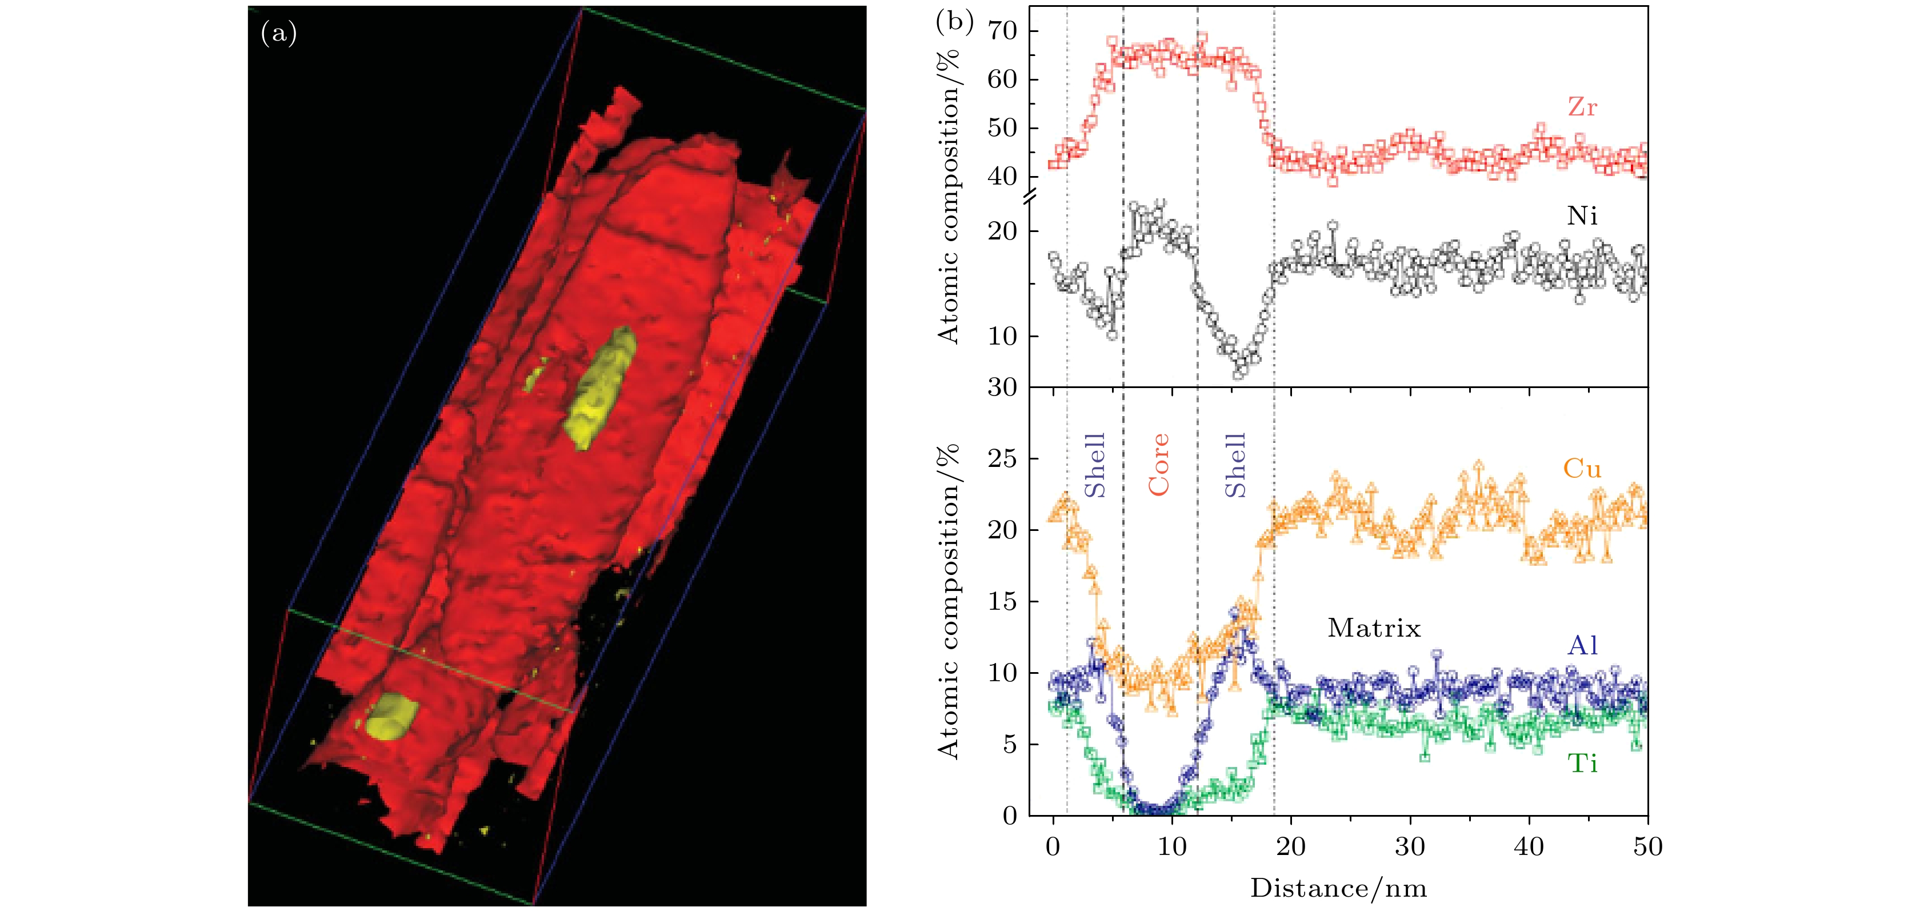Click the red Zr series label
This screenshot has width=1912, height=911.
(x=1582, y=107)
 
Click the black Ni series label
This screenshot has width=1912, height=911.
(x=1582, y=216)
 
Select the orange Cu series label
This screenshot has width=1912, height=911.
(x=1582, y=469)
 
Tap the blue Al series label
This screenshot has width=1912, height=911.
(x=1582, y=645)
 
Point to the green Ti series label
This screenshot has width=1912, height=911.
(x=1582, y=763)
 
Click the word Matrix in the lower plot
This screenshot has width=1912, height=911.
(x=1374, y=628)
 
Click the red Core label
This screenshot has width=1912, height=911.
(x=1159, y=465)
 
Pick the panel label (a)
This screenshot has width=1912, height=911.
(x=279, y=33)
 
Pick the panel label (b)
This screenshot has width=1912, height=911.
(x=954, y=22)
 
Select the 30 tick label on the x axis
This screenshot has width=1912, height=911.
(x=1410, y=846)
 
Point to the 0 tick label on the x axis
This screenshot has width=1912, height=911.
(x=1053, y=846)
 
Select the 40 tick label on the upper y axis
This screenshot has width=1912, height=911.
(x=1001, y=177)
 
